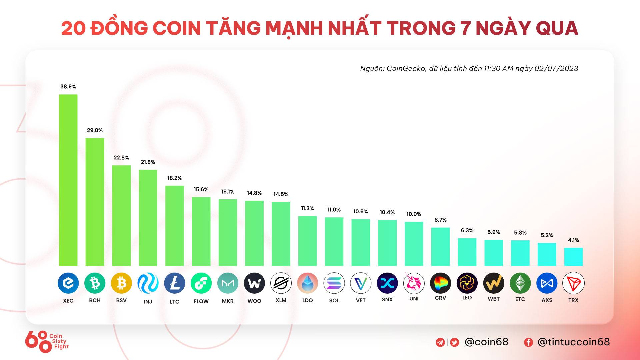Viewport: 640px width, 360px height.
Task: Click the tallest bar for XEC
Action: coord(68,180)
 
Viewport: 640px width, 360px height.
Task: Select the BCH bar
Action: coord(95,202)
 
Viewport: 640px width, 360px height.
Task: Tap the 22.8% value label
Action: coord(121,158)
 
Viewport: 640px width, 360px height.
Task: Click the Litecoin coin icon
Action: coord(174,283)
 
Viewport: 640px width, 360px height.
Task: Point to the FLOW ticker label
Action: coord(201,301)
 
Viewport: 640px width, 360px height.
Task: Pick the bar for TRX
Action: coord(573,257)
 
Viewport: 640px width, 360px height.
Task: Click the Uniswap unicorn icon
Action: coord(414,283)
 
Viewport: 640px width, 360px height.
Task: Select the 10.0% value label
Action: coord(414,214)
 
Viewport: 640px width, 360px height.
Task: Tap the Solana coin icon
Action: coord(334,283)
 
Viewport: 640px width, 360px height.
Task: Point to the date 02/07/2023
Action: coord(556,69)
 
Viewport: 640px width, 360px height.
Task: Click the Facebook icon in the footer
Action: coord(528,342)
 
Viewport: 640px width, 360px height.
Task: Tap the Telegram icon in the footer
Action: coord(440,342)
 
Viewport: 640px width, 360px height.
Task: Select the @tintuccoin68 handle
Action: coord(574,342)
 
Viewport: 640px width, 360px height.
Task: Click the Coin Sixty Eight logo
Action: coord(47,342)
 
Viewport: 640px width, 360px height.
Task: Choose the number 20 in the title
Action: coord(73,28)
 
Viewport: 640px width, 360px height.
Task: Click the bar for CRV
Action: coord(440,247)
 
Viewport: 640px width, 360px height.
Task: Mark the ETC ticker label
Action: coord(520,299)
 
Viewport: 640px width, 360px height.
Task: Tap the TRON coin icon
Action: coord(573,283)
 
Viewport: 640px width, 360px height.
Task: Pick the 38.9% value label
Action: coord(68,87)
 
